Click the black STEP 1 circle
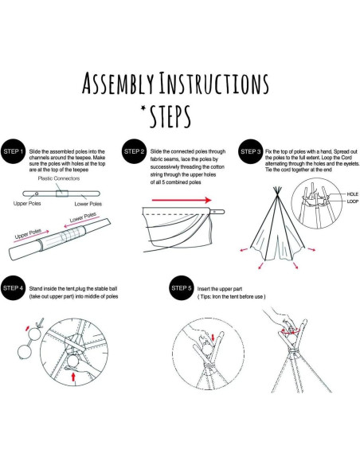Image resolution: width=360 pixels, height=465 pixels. tap(13, 151)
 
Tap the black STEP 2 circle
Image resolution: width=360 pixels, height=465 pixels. tap(134, 151)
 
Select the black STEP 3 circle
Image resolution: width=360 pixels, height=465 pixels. tap(251, 151)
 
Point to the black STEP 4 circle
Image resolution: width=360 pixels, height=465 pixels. tap(13, 288)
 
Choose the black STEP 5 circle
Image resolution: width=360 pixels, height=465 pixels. tap(181, 288)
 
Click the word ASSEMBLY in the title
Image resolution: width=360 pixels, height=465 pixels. tap(119, 83)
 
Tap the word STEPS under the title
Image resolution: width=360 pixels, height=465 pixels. tap(170, 116)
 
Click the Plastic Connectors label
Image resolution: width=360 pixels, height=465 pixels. tap(59, 178)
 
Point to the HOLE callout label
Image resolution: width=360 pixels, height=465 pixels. tap(352, 194)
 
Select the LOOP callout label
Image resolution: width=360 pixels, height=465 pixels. tap(352, 201)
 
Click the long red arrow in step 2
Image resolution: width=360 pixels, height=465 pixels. tap(182, 200)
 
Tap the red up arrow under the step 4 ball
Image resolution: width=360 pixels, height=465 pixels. tap(73, 377)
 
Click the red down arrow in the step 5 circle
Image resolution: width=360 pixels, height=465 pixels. tap(213, 338)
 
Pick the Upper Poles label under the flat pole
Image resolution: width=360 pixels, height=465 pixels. tap(27, 204)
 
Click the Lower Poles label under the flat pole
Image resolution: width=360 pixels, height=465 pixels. tap(88, 204)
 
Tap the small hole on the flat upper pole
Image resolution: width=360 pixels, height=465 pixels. tap(37, 193)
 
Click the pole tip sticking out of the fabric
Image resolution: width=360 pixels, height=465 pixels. tap(217, 212)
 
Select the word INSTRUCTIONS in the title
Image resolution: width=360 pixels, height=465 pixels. tap(213, 83)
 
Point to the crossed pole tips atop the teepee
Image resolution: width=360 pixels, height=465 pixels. tap(277, 190)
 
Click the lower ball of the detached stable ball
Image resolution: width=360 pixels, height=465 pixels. tap(25, 353)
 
